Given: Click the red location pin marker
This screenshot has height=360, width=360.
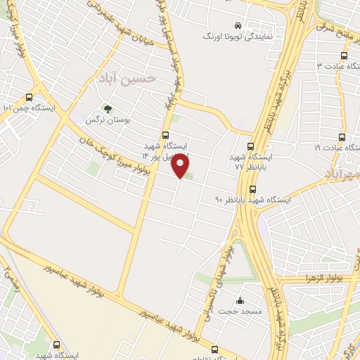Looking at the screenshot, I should pyautogui.click(x=181, y=165).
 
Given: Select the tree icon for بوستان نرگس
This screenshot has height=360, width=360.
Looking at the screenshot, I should pyautogui.click(x=108, y=109).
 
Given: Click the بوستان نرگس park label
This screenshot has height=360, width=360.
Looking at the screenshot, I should pyautogui.click(x=100, y=120).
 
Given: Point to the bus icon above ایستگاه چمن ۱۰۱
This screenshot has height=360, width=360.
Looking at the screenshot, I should pyautogui.click(x=29, y=97).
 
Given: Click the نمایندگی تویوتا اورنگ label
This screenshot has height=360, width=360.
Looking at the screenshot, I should pyautogui.click(x=232, y=35).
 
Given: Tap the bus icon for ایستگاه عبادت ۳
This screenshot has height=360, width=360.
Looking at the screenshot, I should pyautogui.click(x=343, y=55).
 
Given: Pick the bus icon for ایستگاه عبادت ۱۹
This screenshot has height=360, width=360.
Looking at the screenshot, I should pyautogui.click(x=342, y=137).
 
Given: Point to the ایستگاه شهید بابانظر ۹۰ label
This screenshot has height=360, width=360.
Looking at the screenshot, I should pyautogui.click(x=254, y=199).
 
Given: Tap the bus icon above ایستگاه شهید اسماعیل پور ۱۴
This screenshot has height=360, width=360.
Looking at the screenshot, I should pyautogui.click(x=165, y=134).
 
